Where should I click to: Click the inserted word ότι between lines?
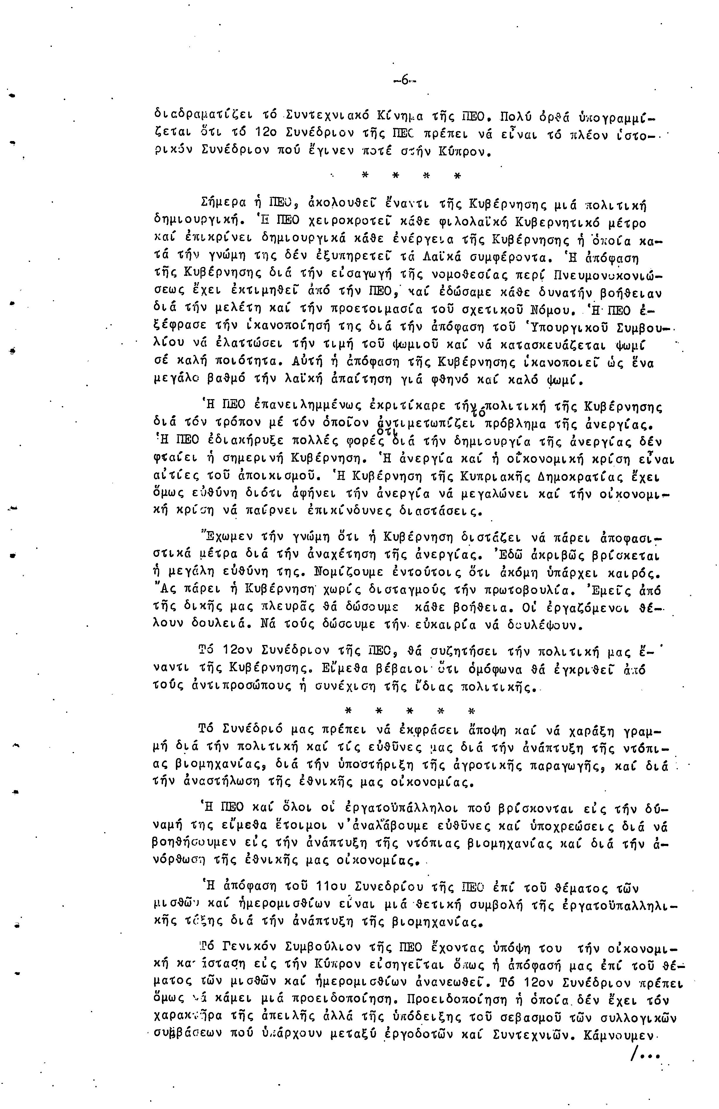point(385,432)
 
